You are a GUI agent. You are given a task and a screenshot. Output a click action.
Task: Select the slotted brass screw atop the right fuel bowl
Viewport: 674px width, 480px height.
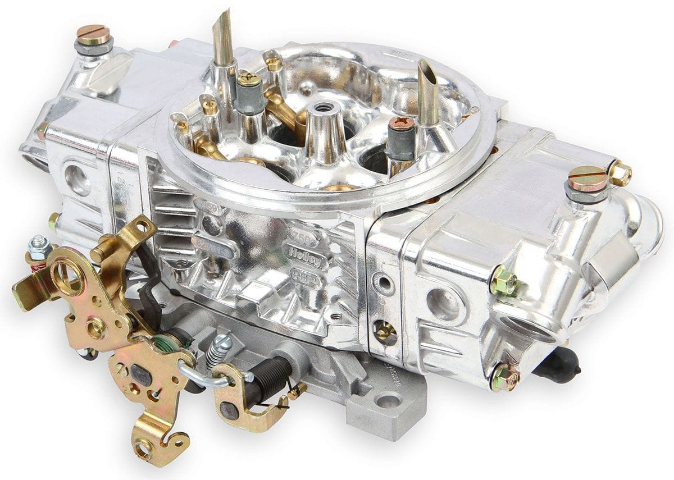pos(586,178)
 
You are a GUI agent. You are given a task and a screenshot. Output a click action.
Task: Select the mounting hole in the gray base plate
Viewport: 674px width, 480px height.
pos(386,400)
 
